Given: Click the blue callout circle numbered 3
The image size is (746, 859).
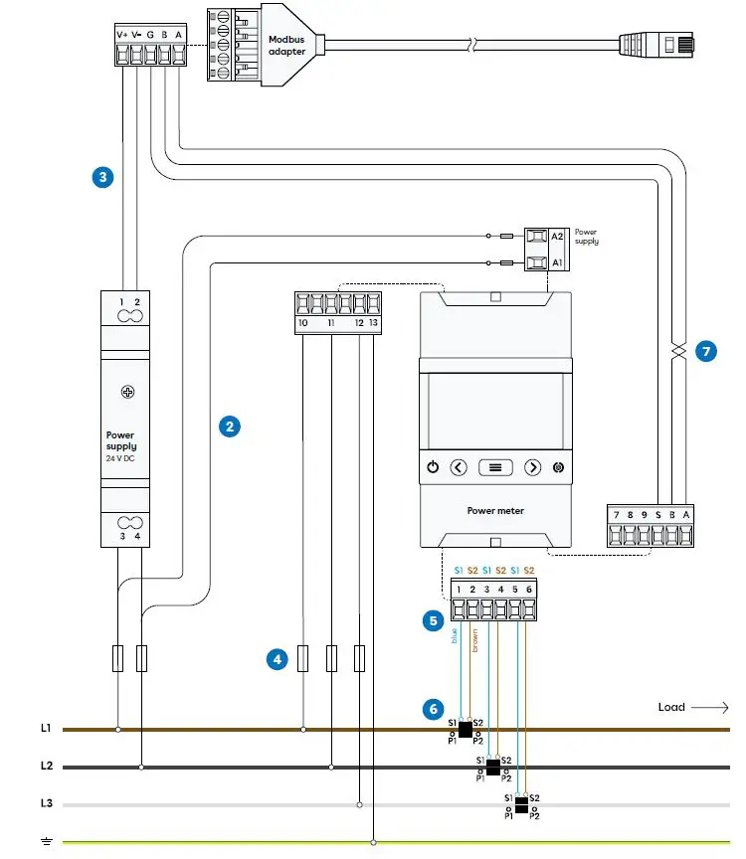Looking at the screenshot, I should click(101, 178).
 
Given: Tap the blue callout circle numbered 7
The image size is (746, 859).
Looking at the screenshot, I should click(705, 352).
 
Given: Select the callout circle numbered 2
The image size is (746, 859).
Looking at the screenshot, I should click(230, 427).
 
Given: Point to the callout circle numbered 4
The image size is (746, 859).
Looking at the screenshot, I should click(278, 658).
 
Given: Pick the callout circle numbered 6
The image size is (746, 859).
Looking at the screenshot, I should click(432, 709).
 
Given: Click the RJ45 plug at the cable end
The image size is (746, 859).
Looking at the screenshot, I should click(647, 43).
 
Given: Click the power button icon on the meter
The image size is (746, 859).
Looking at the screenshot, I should click(433, 467).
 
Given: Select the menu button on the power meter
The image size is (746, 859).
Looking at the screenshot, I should click(495, 467).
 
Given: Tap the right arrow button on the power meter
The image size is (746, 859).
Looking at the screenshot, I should click(532, 467).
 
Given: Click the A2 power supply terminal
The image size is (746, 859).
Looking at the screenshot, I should click(536, 237).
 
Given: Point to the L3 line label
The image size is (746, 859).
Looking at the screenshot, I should click(46, 803).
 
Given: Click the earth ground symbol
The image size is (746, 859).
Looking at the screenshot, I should click(46, 842).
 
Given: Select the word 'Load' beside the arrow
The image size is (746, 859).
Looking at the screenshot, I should click(671, 707).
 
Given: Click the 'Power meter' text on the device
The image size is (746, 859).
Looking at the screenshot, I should click(494, 511).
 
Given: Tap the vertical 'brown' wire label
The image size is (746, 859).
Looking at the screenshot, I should click(475, 640).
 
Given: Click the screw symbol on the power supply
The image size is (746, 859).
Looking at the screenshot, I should click(128, 392).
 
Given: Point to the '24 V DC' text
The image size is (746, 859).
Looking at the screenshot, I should click(121, 458).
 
